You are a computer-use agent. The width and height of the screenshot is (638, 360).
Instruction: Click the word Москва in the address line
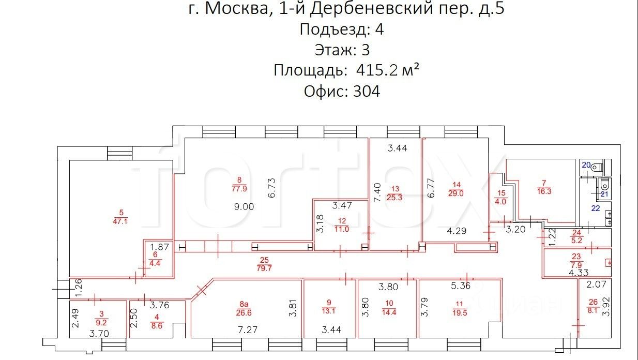point(236,9)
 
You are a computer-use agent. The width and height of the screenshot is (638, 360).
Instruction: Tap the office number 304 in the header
point(366,92)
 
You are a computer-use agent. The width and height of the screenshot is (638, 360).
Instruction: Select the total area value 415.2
point(376,70)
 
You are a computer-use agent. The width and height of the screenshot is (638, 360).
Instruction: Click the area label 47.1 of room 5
point(120,221)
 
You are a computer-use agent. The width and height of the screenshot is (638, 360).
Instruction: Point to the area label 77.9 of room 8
point(239,189)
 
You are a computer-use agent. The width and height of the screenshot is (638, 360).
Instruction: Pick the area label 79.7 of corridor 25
point(264,268)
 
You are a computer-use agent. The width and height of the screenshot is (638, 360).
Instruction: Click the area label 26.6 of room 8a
point(244,313)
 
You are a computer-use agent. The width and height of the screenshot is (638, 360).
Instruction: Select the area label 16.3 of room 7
point(544,191)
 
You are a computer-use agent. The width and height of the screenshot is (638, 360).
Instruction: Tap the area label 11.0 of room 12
point(342,229)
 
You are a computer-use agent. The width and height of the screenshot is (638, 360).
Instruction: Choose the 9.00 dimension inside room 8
point(244,207)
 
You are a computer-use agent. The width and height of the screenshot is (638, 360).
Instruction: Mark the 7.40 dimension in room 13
point(377,192)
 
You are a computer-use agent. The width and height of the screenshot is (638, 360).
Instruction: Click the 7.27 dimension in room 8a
point(248,330)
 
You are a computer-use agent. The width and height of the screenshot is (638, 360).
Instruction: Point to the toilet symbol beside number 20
point(597,167)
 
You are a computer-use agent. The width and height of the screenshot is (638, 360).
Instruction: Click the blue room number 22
point(596,208)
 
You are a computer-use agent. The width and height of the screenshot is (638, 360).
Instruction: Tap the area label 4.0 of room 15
point(500,202)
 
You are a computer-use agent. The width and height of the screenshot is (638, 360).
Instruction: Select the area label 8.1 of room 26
point(593,310)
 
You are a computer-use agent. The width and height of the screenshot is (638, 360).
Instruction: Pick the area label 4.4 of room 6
point(155,263)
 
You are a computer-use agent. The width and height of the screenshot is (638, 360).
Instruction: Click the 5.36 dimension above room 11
point(461,286)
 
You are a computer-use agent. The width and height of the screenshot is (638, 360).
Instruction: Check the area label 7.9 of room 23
point(576,265)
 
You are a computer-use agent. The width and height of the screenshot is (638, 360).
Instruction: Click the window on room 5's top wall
point(120,153)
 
